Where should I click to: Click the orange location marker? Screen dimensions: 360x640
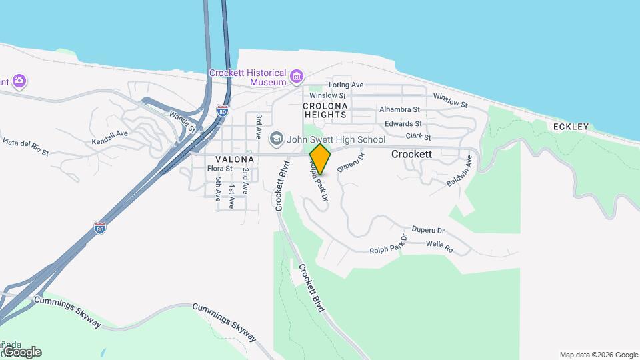click(321, 159)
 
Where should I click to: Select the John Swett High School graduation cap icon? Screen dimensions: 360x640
click(275, 139)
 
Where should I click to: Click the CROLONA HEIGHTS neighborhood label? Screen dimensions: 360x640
click(325, 110)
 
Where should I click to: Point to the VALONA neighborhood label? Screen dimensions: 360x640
click(235, 160)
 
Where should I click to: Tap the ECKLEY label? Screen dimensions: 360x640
click(571, 127)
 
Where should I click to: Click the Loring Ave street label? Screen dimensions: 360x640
click(346, 85)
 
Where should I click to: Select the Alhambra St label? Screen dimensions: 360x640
click(399, 109)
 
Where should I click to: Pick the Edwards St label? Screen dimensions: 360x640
click(403, 124)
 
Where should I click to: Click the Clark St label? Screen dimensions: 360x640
click(419, 137)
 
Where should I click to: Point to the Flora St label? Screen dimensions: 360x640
click(219, 169)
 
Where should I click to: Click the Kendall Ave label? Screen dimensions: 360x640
click(109, 134)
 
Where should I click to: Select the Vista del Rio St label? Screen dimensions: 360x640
click(26, 147)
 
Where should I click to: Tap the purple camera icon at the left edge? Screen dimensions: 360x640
click(19, 81)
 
